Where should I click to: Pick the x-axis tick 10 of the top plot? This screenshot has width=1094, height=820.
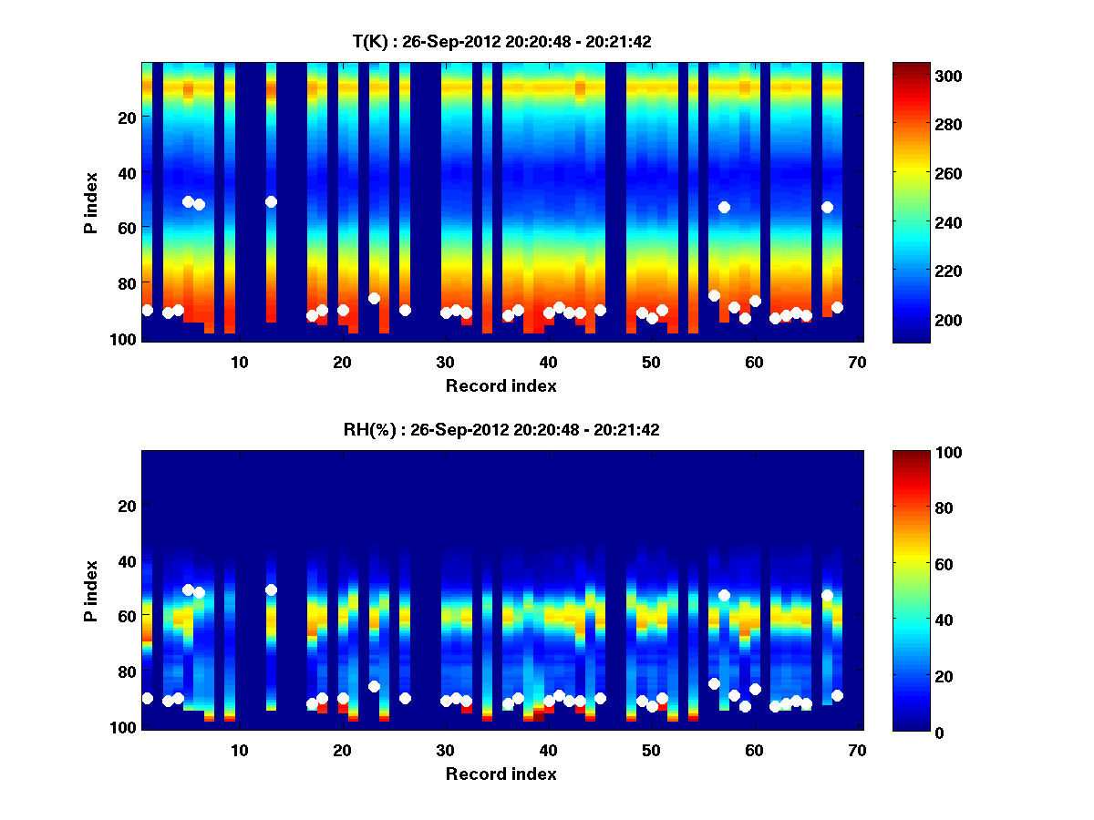239,362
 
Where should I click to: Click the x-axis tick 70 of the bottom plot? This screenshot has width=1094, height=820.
857,750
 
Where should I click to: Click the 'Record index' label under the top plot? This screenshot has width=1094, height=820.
501,385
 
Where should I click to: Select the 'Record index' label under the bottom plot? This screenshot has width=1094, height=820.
501,774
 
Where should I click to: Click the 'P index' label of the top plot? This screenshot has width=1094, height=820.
91,202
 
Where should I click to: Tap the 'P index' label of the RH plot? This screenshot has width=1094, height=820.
91,590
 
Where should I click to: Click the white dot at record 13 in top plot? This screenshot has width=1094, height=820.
271,201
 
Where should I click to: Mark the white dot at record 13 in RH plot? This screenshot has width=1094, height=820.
271,589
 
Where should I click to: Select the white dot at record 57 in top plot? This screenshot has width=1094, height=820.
724,207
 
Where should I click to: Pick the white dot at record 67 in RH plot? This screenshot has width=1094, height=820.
827,595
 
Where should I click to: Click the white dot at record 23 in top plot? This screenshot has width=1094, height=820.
374,298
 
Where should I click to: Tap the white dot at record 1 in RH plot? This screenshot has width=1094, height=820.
147,698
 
